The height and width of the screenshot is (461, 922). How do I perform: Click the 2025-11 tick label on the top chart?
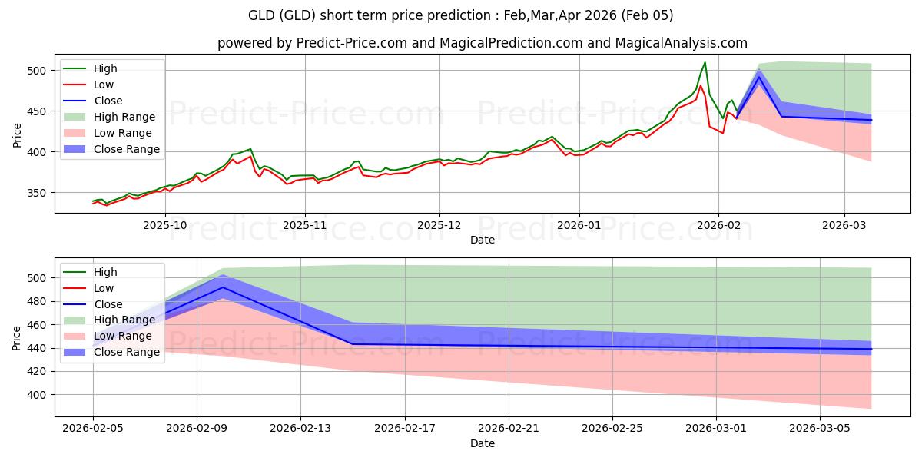pos(305,225)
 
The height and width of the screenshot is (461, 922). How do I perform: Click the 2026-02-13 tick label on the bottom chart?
pos(300,428)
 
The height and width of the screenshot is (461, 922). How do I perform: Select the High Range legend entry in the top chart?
pos(124,117)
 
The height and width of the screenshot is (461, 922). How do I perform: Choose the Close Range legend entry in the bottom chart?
pos(124,353)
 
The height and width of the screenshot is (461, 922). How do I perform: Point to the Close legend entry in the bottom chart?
pos(108,304)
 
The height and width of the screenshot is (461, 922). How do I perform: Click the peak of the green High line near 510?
pos(705,62)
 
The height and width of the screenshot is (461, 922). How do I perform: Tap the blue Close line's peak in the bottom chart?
pos(223,287)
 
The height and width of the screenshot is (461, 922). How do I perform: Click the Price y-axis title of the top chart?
pos(17,134)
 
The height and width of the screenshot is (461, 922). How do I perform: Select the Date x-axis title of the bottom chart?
pos(482,443)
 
